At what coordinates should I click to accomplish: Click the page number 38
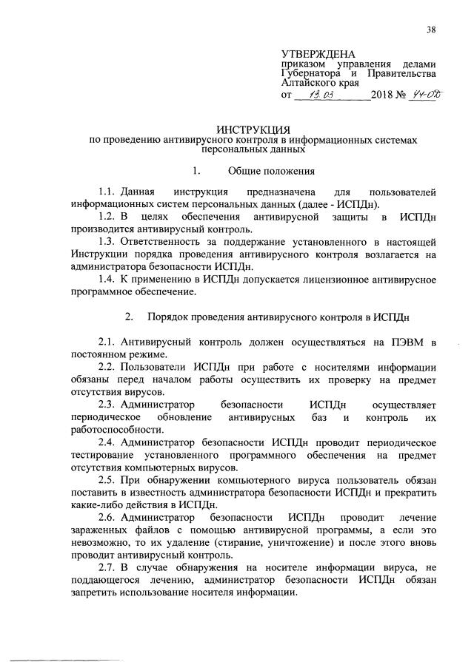coord(431,30)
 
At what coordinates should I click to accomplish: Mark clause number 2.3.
coord(108,405)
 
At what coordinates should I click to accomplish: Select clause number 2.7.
coord(108,581)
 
